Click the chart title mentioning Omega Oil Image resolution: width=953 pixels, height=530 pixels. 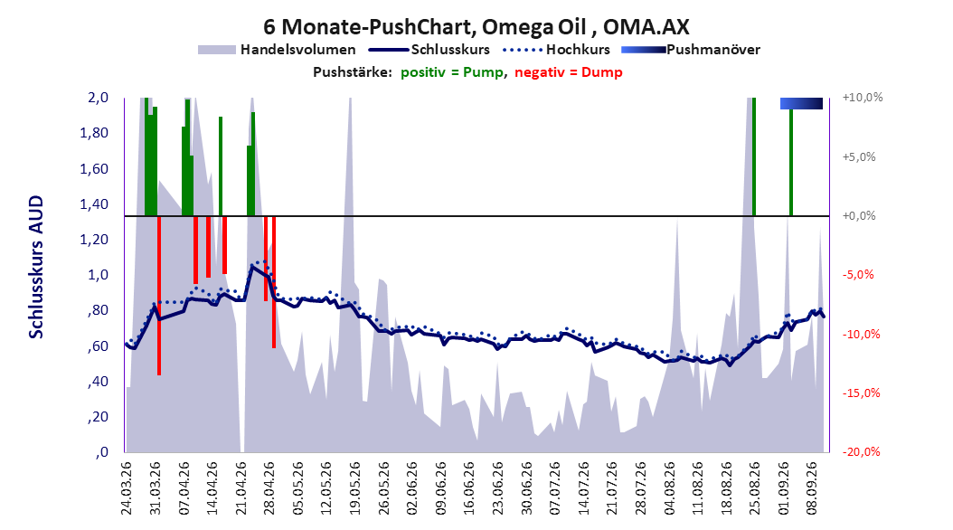tap(476, 27)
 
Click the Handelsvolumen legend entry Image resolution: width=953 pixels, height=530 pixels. tap(277, 50)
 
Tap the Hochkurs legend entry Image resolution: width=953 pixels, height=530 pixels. tap(556, 50)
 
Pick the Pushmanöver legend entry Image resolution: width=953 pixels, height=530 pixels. tap(691, 50)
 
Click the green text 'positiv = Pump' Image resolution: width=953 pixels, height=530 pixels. tap(452, 72)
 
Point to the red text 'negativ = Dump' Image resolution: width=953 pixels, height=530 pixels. tap(569, 72)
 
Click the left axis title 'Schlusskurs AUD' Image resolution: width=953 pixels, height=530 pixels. tap(36, 267)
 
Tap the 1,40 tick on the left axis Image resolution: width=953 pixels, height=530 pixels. tap(94, 204)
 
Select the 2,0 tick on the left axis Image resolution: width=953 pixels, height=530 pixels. tap(98, 98)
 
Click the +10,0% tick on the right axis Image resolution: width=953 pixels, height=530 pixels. tap(863, 98)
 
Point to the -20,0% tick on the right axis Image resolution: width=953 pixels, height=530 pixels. tap(861, 451)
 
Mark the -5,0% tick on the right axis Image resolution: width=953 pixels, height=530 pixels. tap(858, 275)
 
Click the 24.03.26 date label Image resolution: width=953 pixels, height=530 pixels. tap(127, 488)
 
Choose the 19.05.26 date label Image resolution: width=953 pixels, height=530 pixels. tap(354, 488)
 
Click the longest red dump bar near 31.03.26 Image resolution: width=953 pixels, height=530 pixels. tap(158, 296)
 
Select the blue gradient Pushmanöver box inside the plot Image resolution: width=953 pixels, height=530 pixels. tap(801, 103)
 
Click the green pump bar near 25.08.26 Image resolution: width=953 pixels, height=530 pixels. tap(754, 156)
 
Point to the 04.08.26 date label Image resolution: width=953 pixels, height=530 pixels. tap(668, 488)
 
